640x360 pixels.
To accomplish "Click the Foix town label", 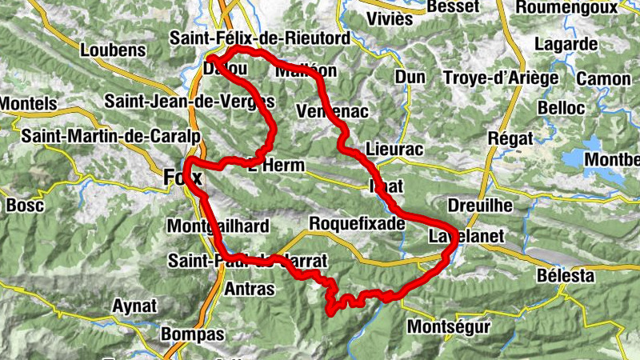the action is coord(183,177).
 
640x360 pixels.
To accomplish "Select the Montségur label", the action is coord(447,327).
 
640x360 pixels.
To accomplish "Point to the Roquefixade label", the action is coord(357,224).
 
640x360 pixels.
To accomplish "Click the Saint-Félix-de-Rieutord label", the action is coord(260,38).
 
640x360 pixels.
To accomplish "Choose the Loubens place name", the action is coord(114,50).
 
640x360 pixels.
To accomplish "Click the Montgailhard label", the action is coord(218,227).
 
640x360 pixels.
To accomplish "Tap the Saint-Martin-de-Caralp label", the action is coord(110,136).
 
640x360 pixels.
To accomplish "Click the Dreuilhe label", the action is coord(480,206).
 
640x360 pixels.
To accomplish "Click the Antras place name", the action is coord(250,287).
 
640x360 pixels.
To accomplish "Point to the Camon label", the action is coord(604,78).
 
